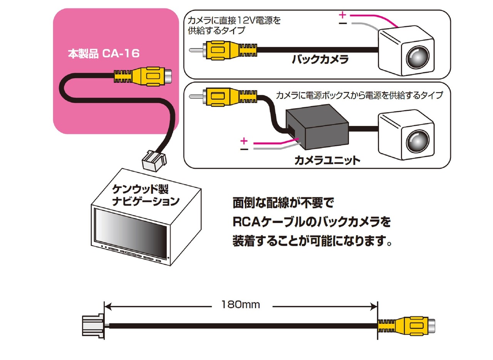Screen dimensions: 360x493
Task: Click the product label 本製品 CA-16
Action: pos(103,54)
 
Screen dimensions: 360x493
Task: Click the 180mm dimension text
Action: pos(240,305)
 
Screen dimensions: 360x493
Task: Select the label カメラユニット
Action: pos(327,160)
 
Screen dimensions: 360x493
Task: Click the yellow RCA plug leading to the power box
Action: pos(219,96)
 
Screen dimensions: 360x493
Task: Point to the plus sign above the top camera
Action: pos(342,15)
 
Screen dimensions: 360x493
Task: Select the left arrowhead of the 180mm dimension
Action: pos(108,306)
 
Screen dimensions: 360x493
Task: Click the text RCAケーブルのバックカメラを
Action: pos(311,222)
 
